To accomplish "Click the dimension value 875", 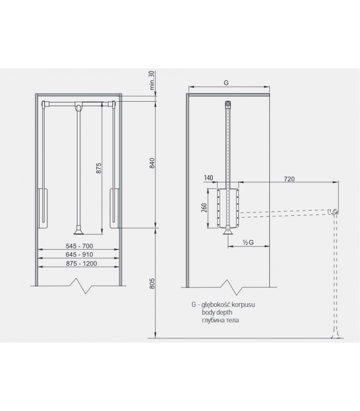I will [98, 170].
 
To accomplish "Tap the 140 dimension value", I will [208, 178].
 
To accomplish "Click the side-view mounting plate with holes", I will [227, 209].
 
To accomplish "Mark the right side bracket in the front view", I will [115, 209].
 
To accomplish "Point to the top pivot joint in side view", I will [227, 105].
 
